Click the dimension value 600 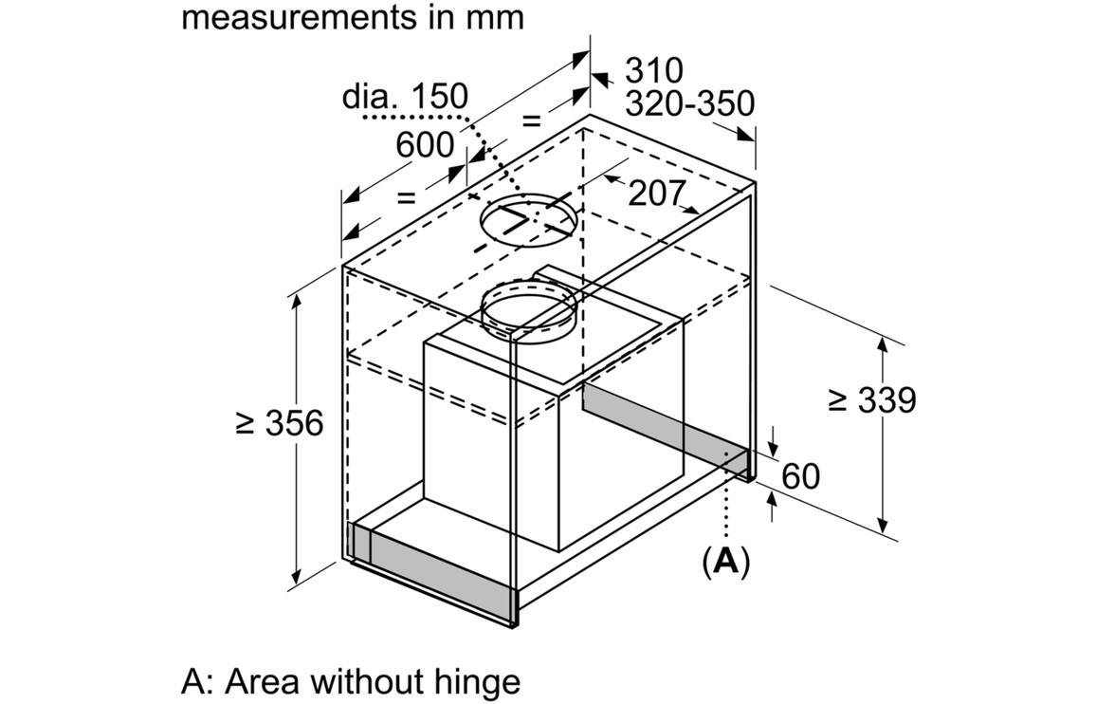(425, 145)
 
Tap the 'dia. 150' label (405, 96)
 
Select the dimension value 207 (656, 194)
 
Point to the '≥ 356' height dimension (280, 423)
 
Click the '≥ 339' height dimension (872, 400)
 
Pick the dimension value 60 (800, 475)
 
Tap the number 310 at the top (654, 70)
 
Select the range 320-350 (689, 103)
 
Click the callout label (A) (725, 562)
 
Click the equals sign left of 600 (406, 197)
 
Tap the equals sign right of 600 (531, 120)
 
